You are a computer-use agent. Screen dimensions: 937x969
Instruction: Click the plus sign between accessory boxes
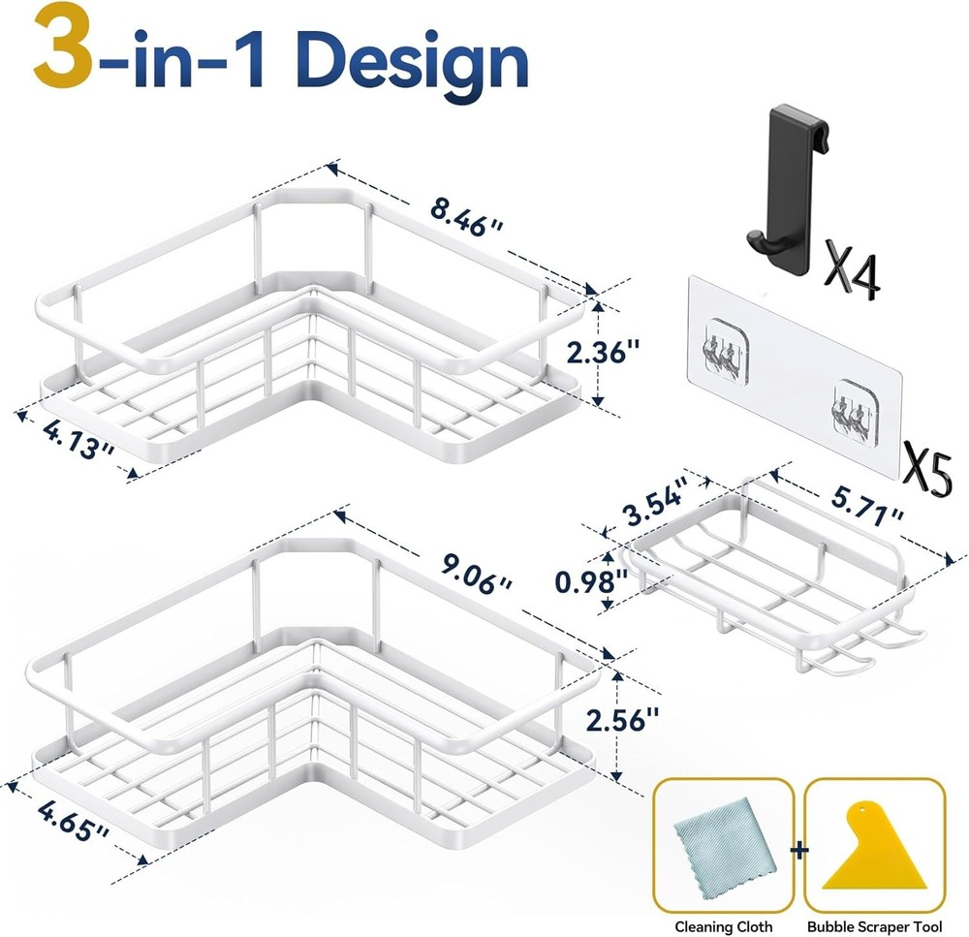[x=799, y=851]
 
